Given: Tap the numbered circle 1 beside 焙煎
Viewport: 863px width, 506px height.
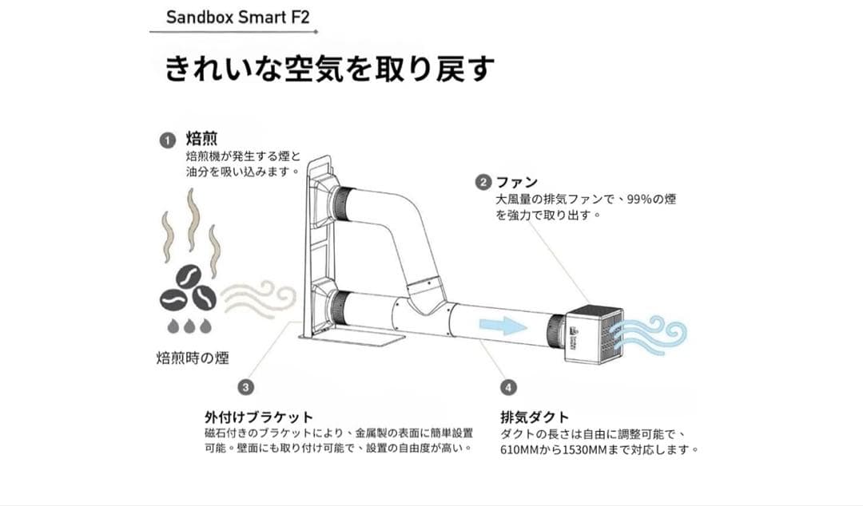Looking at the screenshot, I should click(x=167, y=140).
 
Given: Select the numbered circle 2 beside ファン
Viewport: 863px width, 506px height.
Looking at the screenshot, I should click(x=482, y=182).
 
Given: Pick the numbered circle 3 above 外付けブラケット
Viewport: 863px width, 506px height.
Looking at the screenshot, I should click(x=246, y=387).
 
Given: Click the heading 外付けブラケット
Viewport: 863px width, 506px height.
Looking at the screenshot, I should click(x=259, y=417).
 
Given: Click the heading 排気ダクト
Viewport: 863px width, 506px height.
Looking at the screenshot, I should click(x=535, y=417).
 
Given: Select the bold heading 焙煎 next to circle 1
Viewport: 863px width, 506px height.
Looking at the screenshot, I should click(x=196, y=140).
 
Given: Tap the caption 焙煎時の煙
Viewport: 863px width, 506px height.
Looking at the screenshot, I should click(x=192, y=358).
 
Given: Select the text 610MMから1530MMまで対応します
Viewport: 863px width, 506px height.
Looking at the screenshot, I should click(x=599, y=449).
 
